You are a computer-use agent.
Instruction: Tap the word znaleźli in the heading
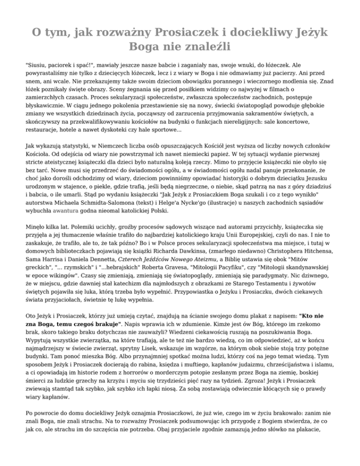[x=210, y=47]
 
